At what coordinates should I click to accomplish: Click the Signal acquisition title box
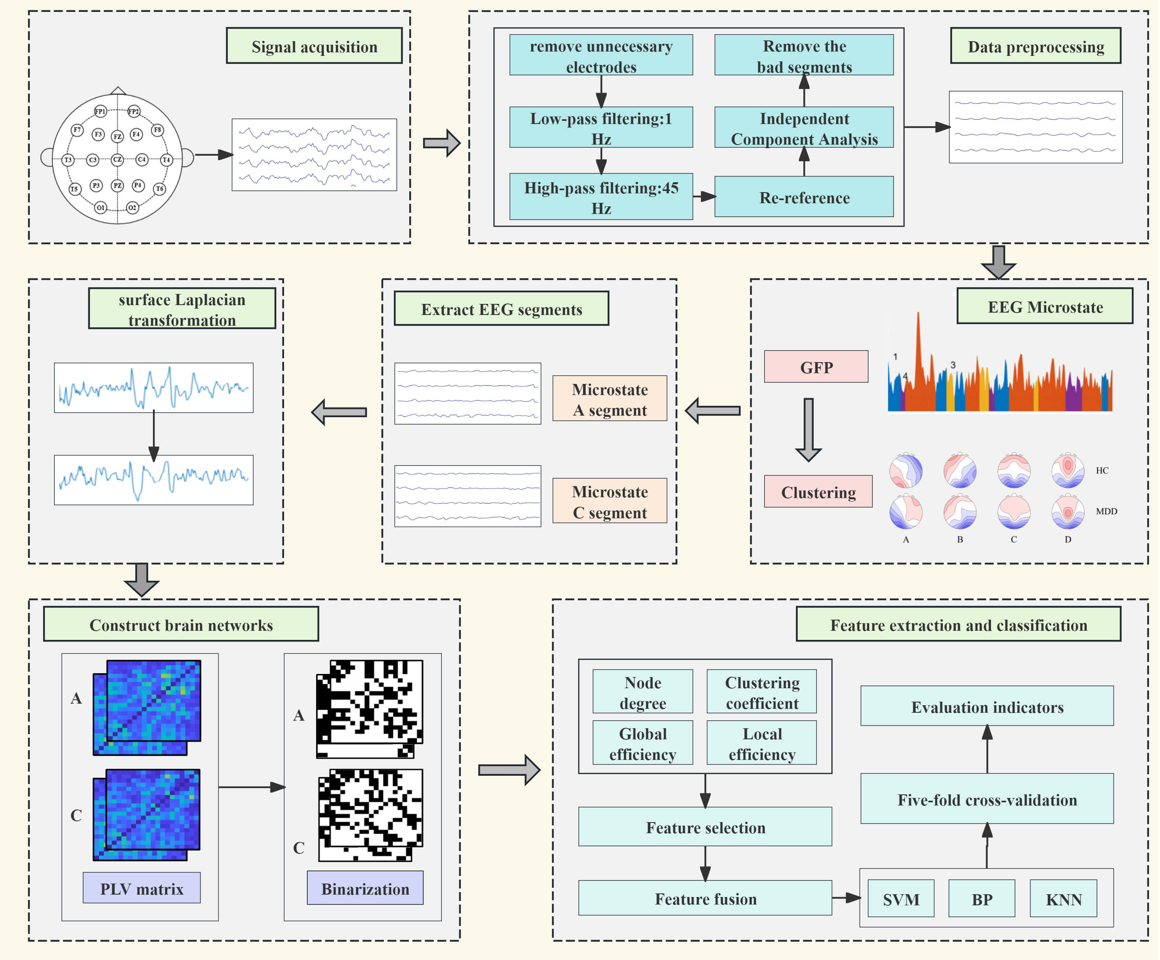[x=314, y=46]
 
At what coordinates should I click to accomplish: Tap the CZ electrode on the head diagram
[x=117, y=160]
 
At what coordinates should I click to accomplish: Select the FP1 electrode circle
[x=100, y=112]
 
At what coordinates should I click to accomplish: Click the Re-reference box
[x=804, y=197]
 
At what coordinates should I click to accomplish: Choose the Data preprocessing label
[x=1035, y=46]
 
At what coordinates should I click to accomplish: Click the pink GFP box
[x=816, y=367]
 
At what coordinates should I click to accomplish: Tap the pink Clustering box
[x=818, y=492]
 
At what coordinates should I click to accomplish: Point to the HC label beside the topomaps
[x=1102, y=471]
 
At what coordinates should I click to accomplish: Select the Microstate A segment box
[x=609, y=399]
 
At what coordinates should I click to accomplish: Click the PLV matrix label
[x=141, y=888]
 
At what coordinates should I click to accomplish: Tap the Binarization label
[x=365, y=888]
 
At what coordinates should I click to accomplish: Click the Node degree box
[x=643, y=692]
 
